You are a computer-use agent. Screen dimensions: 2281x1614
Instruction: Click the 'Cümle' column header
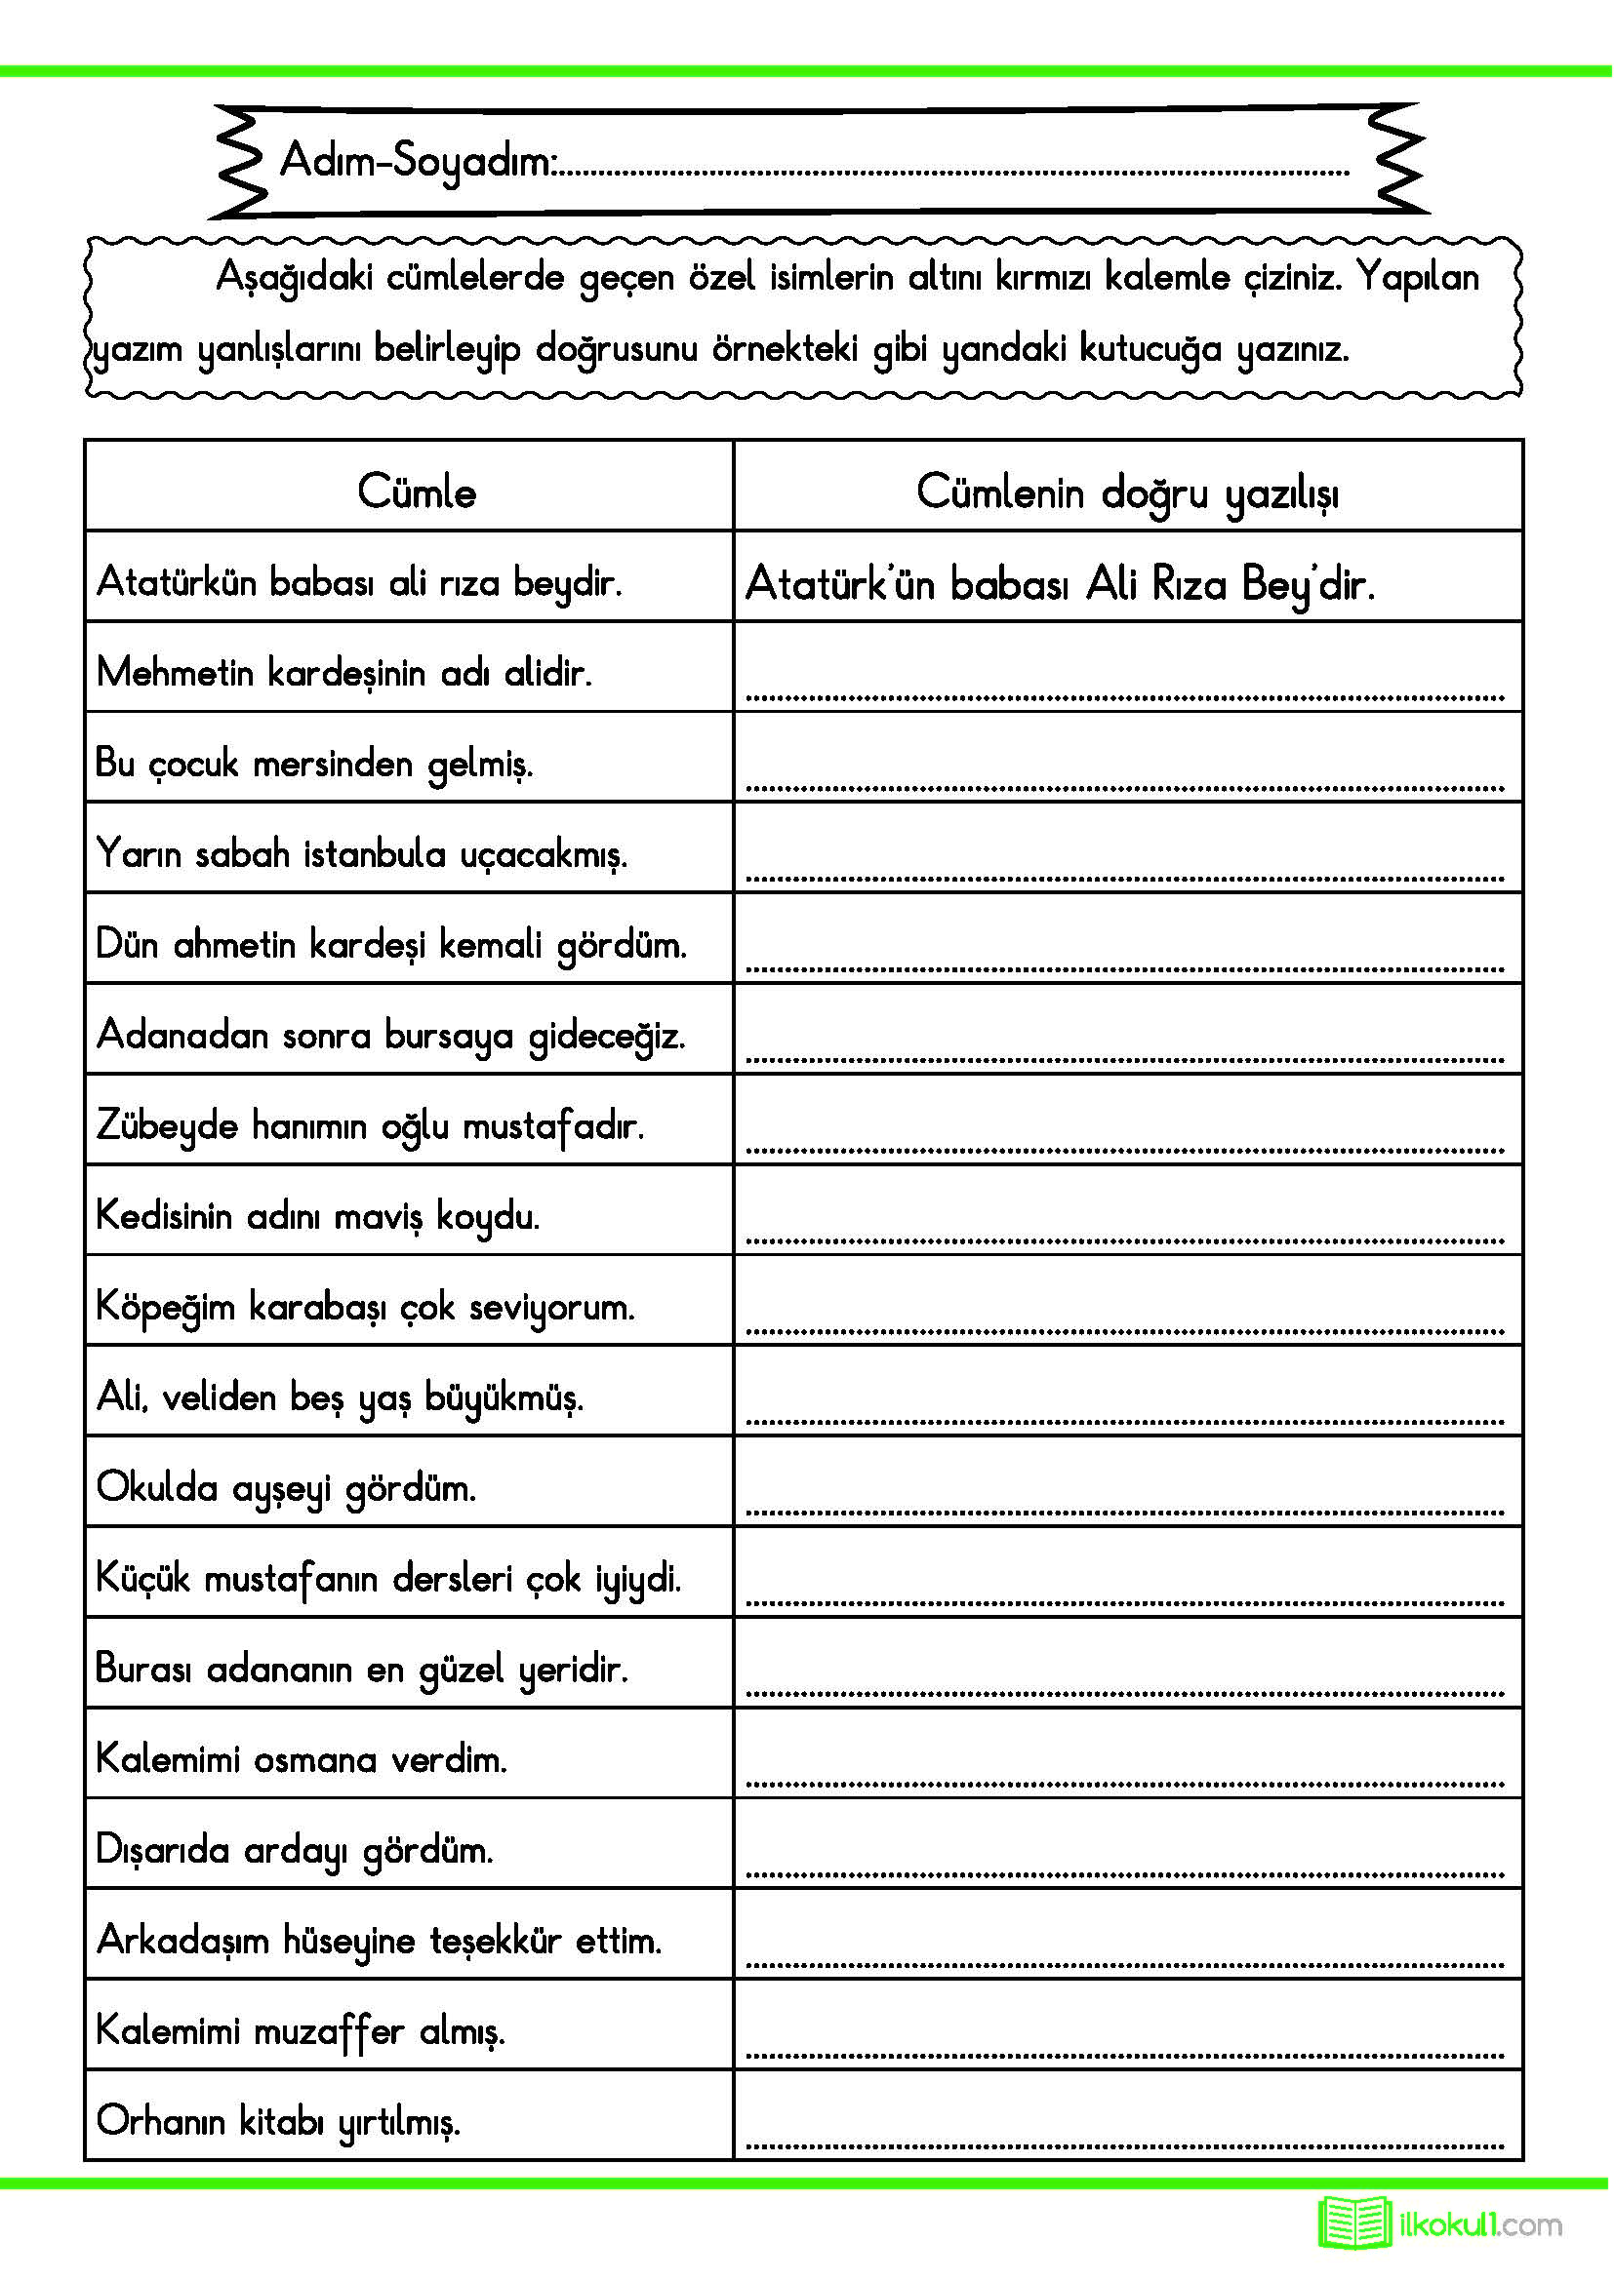point(417,492)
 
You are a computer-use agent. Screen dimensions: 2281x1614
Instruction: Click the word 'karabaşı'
point(317,1308)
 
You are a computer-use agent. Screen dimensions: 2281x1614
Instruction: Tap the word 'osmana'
point(315,1760)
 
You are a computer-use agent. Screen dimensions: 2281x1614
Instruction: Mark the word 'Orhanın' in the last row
point(161,2121)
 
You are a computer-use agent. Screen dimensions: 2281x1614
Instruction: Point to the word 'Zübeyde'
point(167,1126)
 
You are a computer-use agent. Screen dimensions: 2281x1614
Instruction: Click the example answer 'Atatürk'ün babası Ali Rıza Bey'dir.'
point(1060,583)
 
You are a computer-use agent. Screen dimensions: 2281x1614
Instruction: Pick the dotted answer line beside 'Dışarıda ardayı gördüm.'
point(1125,1875)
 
